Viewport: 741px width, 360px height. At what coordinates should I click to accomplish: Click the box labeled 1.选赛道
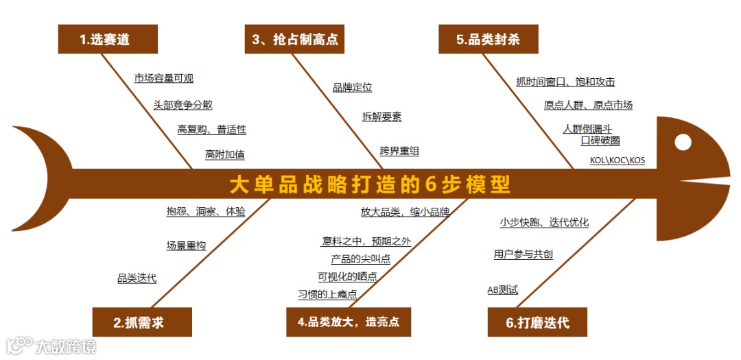[108, 39]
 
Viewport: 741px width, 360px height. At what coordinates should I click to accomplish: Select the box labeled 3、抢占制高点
[294, 39]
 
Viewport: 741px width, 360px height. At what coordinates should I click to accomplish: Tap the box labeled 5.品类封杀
[488, 39]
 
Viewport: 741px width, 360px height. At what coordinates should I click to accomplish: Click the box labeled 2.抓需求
[142, 322]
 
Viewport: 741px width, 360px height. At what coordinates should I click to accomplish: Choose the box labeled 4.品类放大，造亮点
[349, 322]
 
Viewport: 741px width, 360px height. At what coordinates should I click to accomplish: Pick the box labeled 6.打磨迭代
[537, 322]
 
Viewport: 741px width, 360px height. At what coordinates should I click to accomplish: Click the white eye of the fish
[683, 143]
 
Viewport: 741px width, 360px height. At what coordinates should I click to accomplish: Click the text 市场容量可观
[163, 79]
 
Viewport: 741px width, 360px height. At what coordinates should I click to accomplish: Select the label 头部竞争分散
[183, 105]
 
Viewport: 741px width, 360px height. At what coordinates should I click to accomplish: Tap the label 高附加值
[224, 155]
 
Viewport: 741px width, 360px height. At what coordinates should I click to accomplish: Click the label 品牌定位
[352, 88]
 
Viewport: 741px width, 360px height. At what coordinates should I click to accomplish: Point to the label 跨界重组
[399, 152]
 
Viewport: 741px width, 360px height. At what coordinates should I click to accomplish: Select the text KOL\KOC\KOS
[617, 160]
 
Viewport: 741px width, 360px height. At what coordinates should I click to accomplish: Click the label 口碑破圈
[600, 141]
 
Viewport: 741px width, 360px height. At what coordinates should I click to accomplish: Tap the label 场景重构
[185, 245]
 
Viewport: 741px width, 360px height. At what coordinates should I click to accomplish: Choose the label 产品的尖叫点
[360, 259]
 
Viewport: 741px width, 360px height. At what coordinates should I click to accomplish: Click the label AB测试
[502, 290]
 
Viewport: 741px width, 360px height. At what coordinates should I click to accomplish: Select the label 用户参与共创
[523, 254]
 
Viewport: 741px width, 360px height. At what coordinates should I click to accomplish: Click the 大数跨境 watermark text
[66, 346]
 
